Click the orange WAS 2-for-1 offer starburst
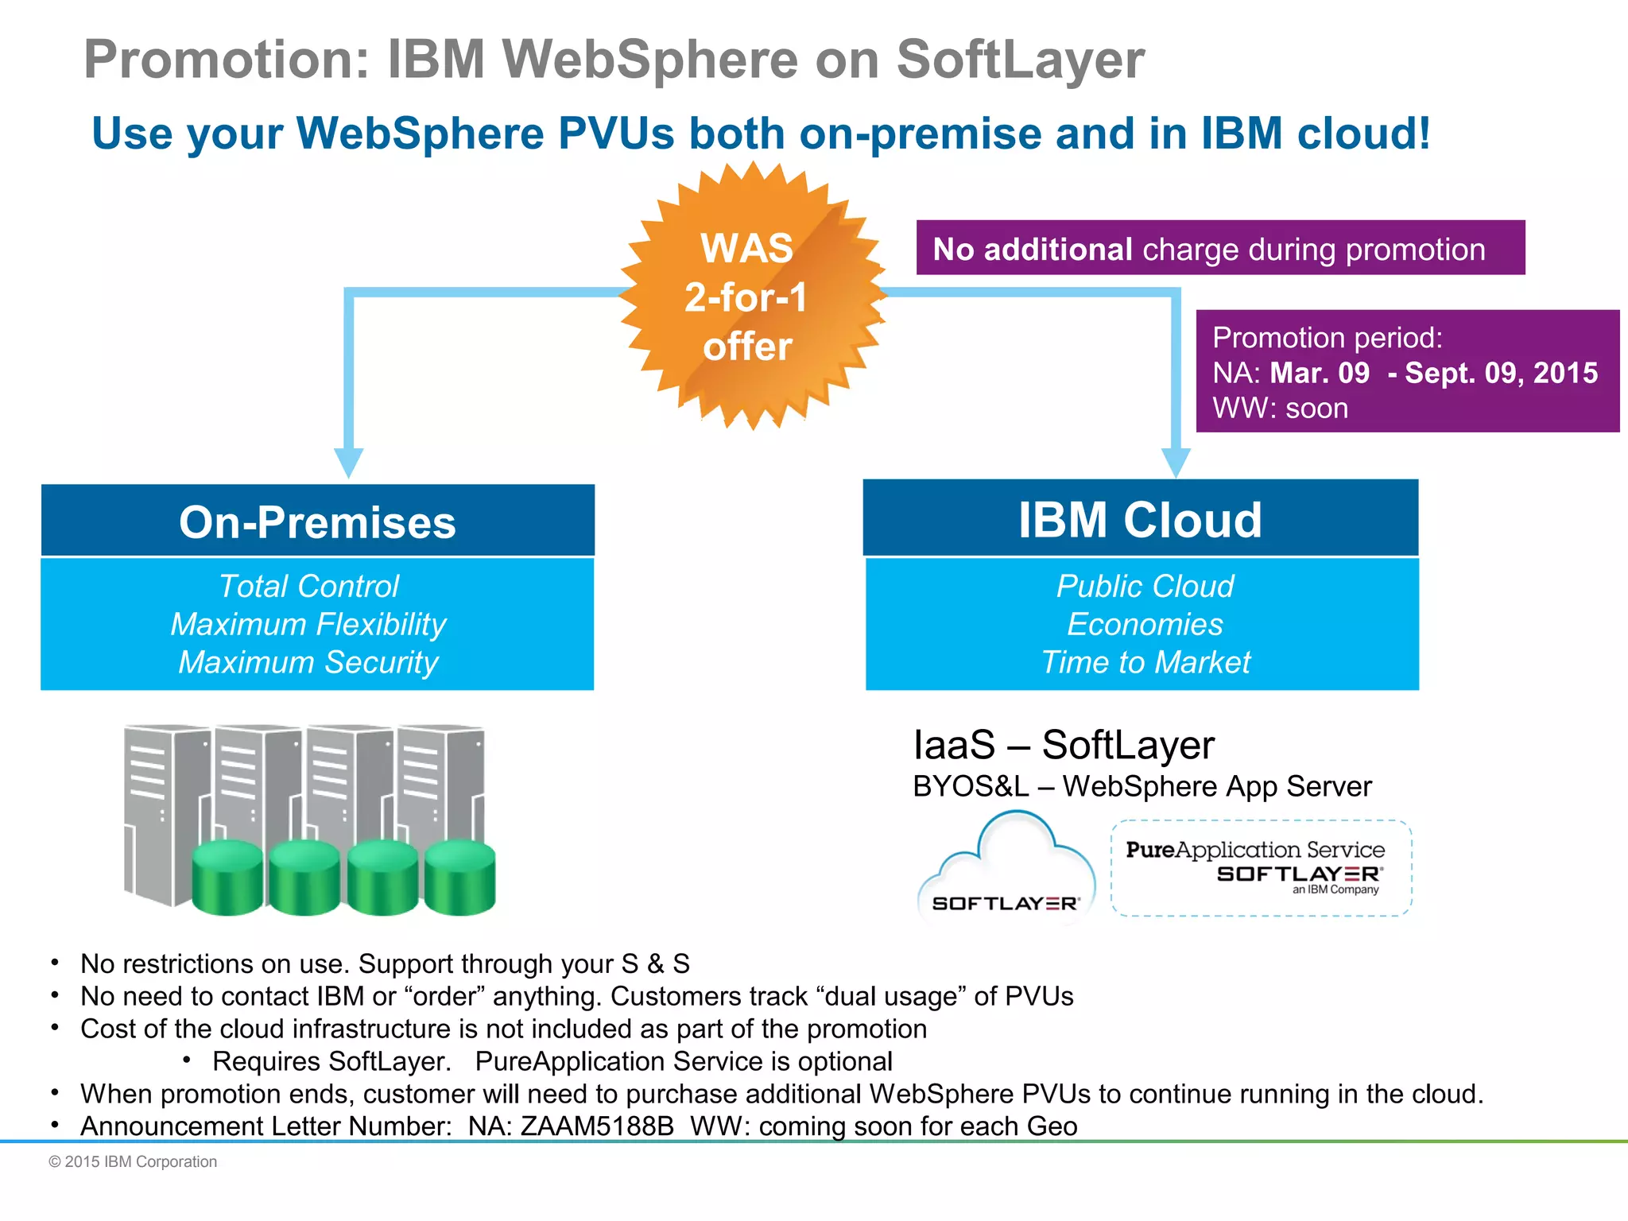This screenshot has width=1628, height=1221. click(750, 296)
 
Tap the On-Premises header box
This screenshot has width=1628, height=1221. click(317, 521)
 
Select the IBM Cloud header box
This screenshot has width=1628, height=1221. click(1140, 518)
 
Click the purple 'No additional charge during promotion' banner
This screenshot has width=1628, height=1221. click(1219, 249)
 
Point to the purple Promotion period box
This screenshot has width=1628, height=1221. click(1406, 371)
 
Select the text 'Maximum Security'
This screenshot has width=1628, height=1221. click(308, 662)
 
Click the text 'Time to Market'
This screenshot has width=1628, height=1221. click(1145, 662)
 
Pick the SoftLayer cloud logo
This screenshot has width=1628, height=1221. click(1006, 870)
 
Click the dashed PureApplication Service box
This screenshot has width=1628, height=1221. click(1261, 868)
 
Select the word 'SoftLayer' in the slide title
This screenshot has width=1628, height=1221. click(1020, 60)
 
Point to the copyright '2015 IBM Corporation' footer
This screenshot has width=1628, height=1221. click(133, 1161)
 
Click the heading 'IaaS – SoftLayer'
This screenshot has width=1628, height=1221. click(1064, 745)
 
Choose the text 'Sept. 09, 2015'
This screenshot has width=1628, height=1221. click(1501, 373)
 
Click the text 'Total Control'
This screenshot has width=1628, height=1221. click(308, 586)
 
